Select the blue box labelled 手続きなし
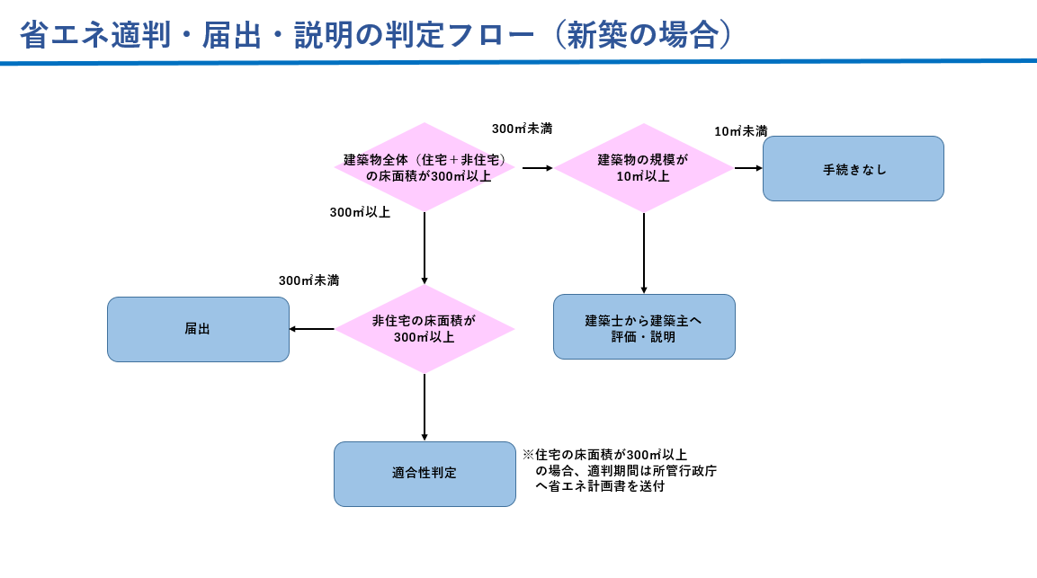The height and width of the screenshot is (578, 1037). click(x=853, y=168)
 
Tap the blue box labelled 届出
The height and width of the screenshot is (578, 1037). click(x=198, y=329)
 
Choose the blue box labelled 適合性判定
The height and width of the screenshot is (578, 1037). click(x=425, y=473)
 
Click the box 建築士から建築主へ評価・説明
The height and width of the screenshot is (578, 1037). click(x=644, y=327)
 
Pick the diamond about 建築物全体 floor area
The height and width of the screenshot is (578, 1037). click(x=425, y=167)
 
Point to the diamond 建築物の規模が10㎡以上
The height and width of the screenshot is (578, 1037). click(x=643, y=167)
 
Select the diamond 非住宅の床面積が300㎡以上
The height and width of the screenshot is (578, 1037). click(x=425, y=329)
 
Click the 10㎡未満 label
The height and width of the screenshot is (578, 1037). click(x=740, y=131)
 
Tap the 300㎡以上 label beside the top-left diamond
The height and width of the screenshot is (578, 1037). click(x=360, y=212)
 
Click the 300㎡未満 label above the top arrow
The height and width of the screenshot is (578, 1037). click(x=522, y=129)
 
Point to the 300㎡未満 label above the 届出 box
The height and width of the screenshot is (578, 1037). click(x=308, y=280)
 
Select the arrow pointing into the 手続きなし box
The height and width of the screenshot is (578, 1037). click(x=748, y=168)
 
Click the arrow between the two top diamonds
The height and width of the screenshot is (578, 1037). click(x=537, y=168)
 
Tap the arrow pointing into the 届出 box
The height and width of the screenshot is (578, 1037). click(x=311, y=329)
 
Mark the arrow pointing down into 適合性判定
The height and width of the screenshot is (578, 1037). click(x=425, y=406)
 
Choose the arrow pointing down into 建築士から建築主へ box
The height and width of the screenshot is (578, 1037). click(x=644, y=253)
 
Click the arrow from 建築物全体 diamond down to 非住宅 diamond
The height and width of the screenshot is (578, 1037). click(x=425, y=247)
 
